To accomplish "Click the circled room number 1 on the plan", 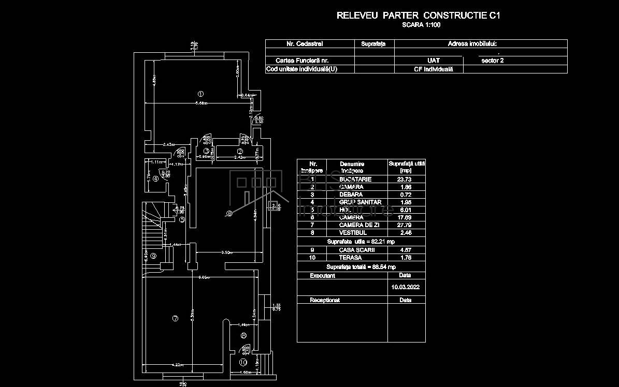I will pos(200,94).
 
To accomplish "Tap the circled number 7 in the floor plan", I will pos(175,319).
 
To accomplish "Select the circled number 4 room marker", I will pos(155,178).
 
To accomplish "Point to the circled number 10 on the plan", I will pos(243,362).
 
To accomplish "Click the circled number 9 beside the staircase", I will pos(153,255).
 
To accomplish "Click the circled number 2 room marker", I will pos(240,151).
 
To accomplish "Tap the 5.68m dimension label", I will pos(202,103).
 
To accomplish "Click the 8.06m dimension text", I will pos(205,277).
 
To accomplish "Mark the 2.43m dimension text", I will pos(168,144).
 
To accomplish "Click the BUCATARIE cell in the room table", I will pos(355,179).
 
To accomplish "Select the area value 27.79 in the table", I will pos(407,225).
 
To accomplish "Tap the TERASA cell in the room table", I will pos(350,257).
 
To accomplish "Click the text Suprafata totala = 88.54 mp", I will pos(361,266).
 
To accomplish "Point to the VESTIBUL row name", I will pos(353,233).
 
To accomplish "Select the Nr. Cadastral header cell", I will pos(305,44).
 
